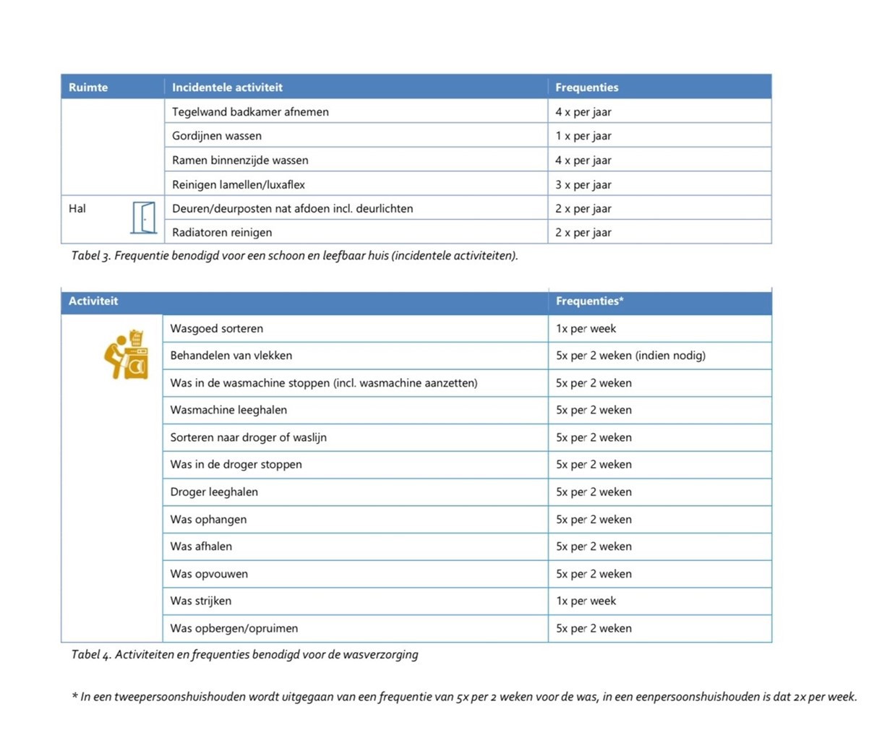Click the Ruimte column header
click(88, 87)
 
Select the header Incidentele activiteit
click(227, 87)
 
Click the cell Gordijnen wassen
click(217, 136)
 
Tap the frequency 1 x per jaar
click(583, 136)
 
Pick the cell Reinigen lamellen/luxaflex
click(239, 184)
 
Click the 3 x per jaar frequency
click(583, 184)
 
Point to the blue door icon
click(144, 218)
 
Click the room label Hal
click(77, 209)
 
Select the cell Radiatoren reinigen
click(222, 233)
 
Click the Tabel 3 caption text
click(294, 256)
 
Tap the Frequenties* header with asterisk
click(589, 301)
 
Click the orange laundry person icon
click(127, 355)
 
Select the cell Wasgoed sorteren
click(217, 328)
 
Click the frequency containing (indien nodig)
click(630, 356)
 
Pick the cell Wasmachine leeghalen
click(228, 410)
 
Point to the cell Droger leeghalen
click(214, 492)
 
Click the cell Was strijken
click(201, 601)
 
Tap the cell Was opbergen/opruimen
click(234, 628)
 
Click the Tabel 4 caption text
click(244, 655)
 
